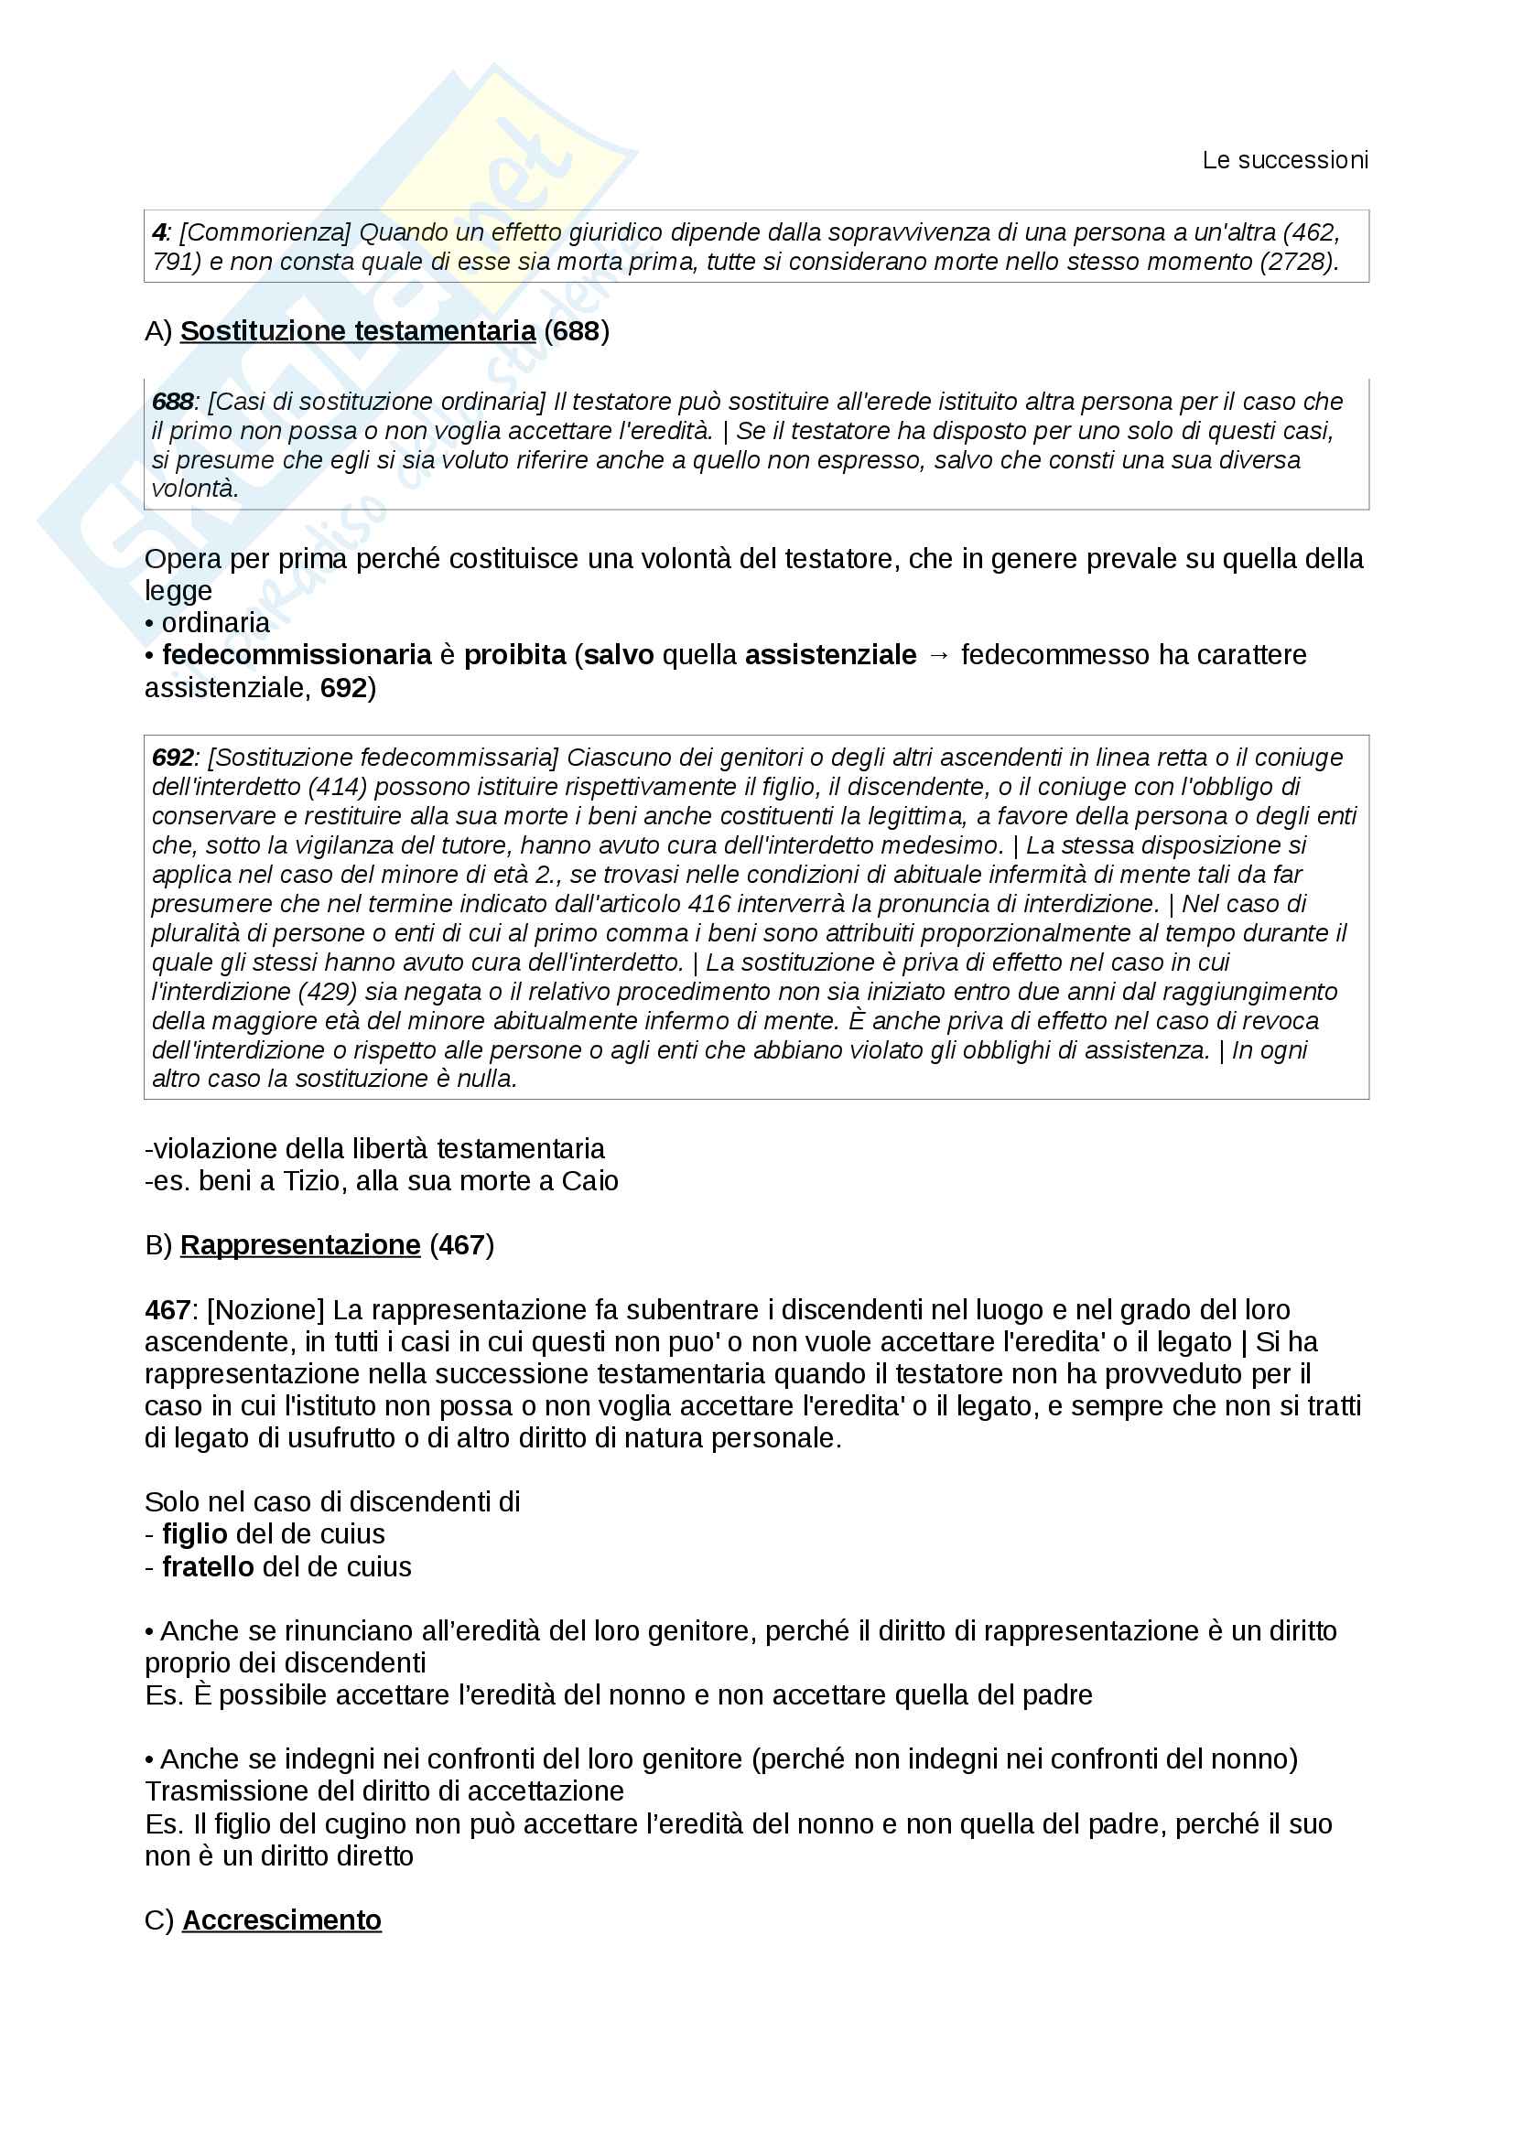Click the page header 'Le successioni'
1284,160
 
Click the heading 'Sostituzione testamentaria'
358,331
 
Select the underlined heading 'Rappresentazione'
300,1245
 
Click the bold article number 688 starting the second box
172,402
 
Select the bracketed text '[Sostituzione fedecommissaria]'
384,758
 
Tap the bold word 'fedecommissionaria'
297,655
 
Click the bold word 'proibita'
514,655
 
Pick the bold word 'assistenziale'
830,655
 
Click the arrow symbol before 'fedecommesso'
939,655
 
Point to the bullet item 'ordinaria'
215,623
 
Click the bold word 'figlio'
195,1534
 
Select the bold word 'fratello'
208,1566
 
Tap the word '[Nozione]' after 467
265,1310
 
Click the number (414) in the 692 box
338,787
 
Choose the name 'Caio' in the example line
589,1181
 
